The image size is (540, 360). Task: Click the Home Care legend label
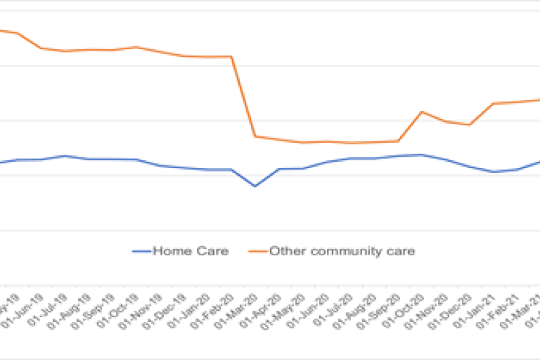pos(191,251)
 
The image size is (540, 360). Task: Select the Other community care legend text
pos(342,251)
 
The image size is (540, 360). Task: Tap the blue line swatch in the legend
pos(141,251)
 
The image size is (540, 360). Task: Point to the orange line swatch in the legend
pos(258,251)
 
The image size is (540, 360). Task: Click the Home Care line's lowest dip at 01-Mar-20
pos(255,186)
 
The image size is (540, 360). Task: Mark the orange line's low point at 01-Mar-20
pos(255,136)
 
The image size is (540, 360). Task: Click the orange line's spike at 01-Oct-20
pos(421,112)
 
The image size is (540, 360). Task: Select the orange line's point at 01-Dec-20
pos(469,125)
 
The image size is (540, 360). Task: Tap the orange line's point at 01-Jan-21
pos(493,103)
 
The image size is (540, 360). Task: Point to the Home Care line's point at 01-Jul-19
pos(65,156)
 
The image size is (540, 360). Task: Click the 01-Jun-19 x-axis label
pos(29,308)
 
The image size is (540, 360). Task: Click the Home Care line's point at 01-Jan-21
pos(493,172)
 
